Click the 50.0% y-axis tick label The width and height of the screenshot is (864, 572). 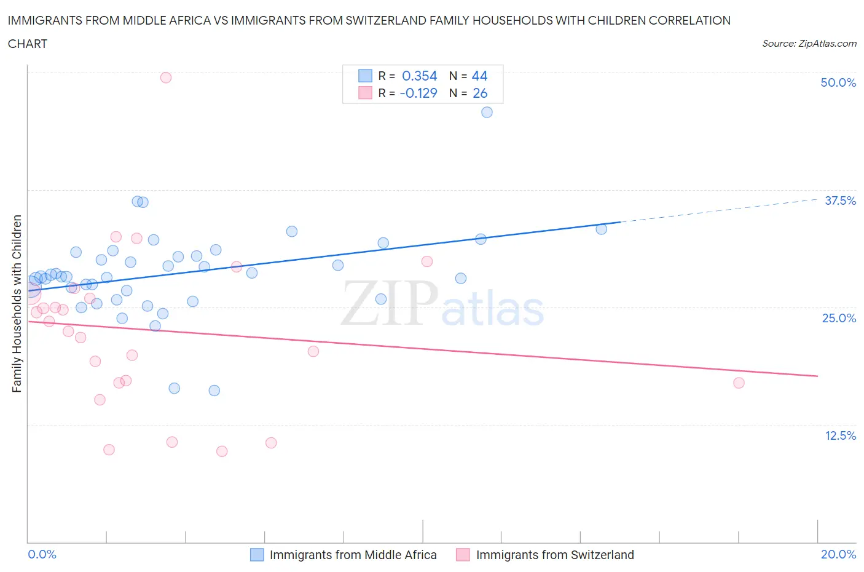click(838, 82)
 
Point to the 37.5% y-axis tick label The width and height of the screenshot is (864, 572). click(840, 201)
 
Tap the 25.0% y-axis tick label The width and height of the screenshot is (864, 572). click(839, 318)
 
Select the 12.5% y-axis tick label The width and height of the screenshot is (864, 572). click(840, 435)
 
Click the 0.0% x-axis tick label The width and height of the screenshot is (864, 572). click(42, 554)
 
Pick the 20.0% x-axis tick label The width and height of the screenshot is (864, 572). click(838, 554)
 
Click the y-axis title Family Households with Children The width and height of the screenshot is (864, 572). click(17, 303)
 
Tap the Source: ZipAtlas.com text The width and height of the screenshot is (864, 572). click(809, 44)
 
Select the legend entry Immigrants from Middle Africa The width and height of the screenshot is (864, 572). click(353, 555)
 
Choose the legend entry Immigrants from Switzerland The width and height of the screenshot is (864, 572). click(554, 555)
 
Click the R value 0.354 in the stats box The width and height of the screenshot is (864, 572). click(419, 76)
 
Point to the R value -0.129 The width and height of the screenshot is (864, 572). click(418, 93)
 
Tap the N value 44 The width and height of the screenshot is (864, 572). click(479, 76)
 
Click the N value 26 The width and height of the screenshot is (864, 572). click(479, 93)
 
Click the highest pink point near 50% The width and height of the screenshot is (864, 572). click(165, 77)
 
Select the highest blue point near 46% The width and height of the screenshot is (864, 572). click(487, 112)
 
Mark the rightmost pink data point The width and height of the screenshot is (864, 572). click(739, 383)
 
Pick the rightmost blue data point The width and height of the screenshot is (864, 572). click(601, 229)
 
